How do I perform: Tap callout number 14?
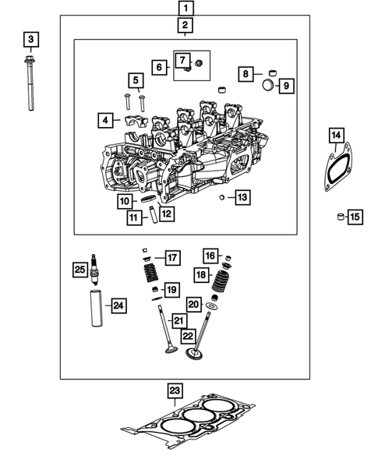tap(336, 136)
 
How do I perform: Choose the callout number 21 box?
tap(179, 320)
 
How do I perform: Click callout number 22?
tap(188, 335)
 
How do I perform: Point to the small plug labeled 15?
tap(340, 216)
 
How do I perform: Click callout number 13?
tap(242, 198)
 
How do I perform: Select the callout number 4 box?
tap(104, 120)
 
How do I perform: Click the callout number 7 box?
tap(181, 60)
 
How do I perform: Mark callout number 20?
tap(194, 305)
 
